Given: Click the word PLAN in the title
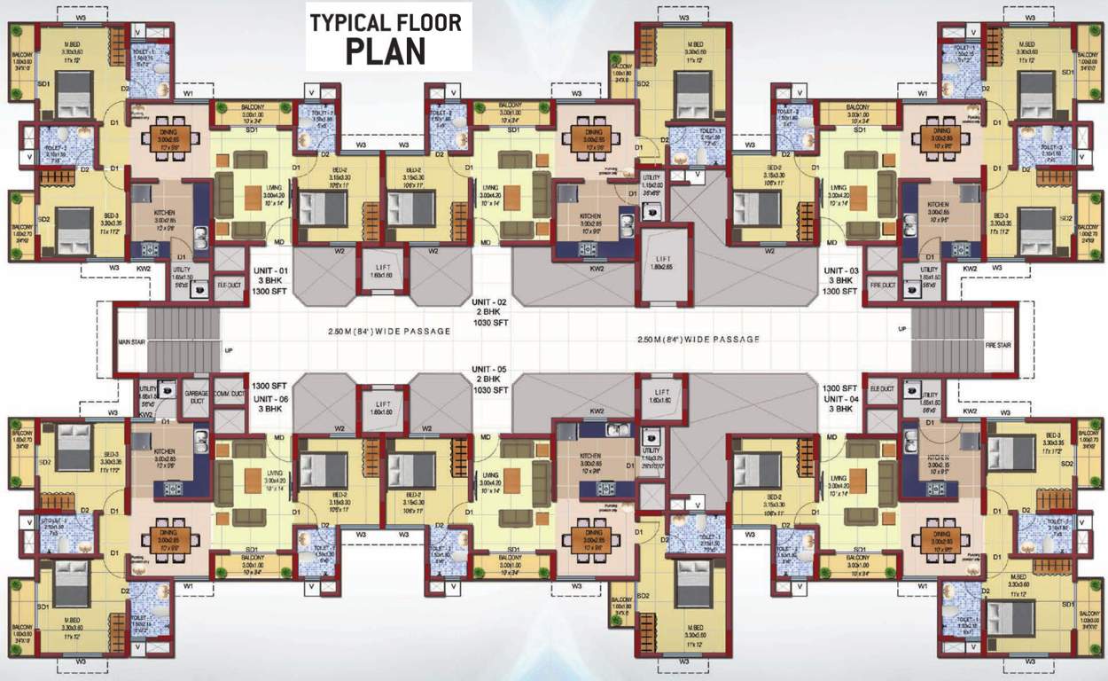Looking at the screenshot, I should [386, 51].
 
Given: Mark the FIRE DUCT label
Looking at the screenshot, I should [883, 285].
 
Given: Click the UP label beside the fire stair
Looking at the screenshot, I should [902, 329].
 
